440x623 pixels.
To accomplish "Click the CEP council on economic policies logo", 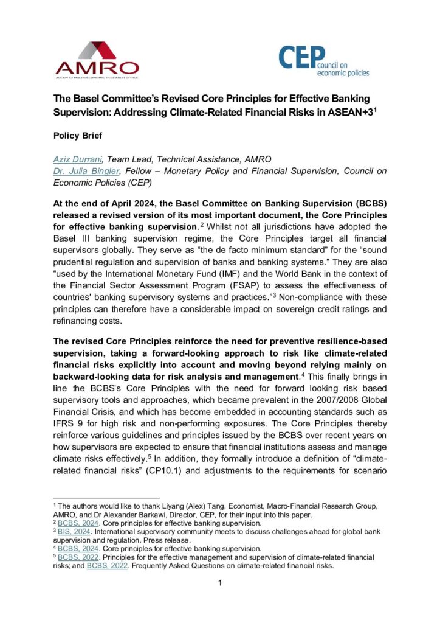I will point(323,61).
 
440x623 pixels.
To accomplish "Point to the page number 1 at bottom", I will point(220,583).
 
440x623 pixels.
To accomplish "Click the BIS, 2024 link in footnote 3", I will point(72,531).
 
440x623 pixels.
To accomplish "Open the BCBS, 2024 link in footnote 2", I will point(76,523).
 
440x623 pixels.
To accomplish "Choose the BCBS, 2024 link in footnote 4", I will point(76,548).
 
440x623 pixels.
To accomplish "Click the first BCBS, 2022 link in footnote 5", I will point(76,556).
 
